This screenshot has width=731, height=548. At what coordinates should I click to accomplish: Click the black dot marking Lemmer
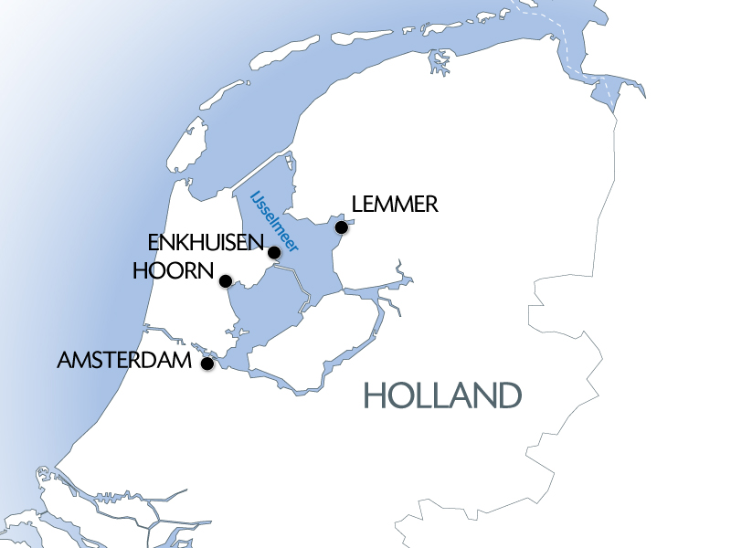click(341, 227)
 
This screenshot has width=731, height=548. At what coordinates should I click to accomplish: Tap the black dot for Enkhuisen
click(274, 252)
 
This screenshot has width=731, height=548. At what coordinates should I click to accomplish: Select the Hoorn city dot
click(225, 280)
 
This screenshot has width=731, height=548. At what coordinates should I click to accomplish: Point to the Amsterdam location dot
click(207, 364)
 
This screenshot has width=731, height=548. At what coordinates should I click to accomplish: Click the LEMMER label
click(395, 204)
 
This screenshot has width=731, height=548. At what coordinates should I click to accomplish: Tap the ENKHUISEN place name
click(204, 244)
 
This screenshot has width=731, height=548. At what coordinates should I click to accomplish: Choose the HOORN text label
click(173, 271)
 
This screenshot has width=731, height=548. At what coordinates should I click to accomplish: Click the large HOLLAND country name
click(443, 395)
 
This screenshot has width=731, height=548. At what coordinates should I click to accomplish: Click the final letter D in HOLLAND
click(508, 395)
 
